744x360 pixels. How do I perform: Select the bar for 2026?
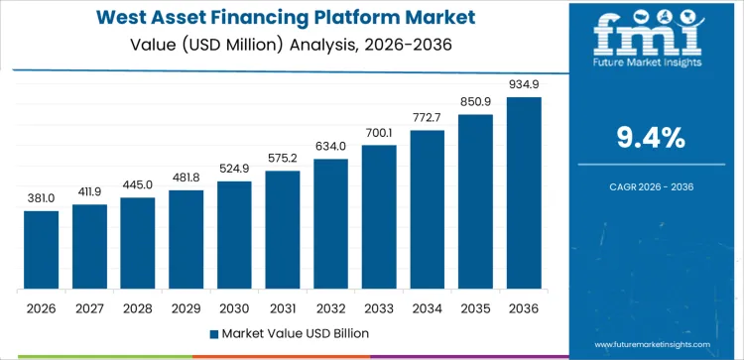point(42,250)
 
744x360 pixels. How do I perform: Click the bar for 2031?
point(282,230)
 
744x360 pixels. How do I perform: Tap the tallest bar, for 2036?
point(523,193)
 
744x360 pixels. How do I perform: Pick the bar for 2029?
point(186,240)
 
